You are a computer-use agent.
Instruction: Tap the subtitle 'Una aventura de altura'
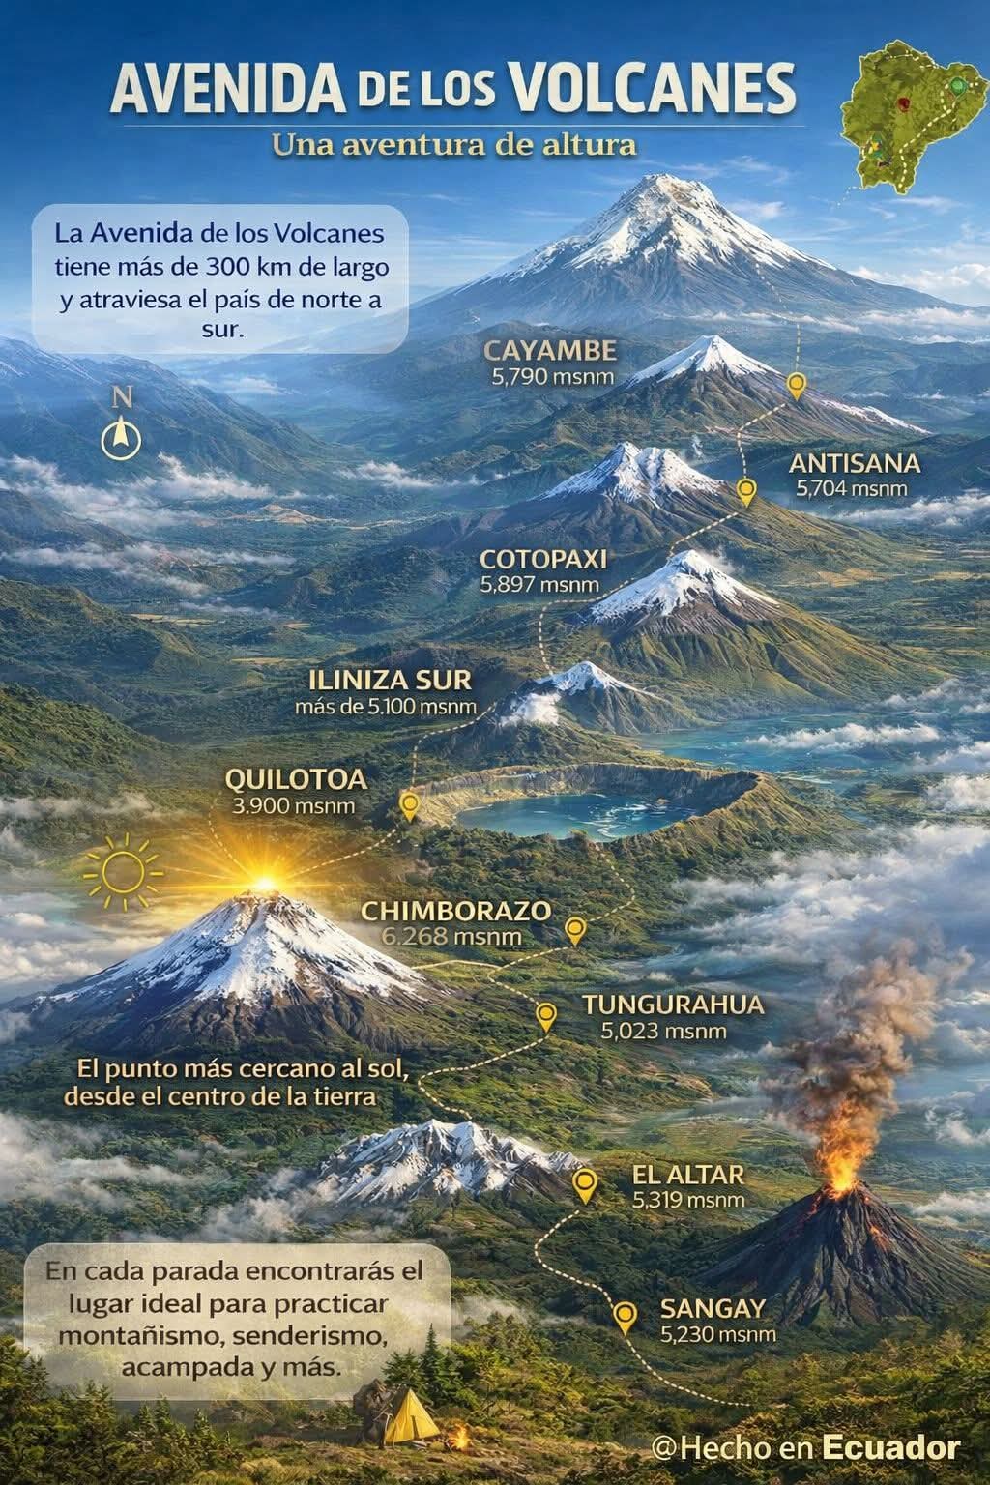(x=453, y=146)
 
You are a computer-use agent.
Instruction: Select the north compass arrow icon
(x=121, y=437)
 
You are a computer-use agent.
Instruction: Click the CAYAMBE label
(x=549, y=350)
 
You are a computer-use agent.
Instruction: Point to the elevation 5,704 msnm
(x=852, y=488)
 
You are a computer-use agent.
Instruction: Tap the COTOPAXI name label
(x=542, y=560)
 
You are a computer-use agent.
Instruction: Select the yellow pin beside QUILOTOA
(x=410, y=804)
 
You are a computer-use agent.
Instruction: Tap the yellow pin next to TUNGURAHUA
(x=546, y=1015)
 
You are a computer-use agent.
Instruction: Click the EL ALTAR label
(x=688, y=1176)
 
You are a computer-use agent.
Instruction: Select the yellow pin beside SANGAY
(x=626, y=1315)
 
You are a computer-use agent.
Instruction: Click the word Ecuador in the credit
(x=890, y=1447)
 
